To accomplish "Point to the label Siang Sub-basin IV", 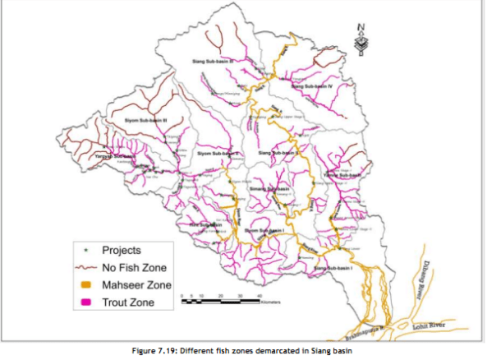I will [311, 85].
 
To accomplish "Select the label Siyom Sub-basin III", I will [145, 121].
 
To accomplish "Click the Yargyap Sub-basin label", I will [114, 156].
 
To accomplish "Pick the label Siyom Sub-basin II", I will [218, 153].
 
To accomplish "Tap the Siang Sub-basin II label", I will [278, 153].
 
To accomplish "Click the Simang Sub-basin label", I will [270, 189].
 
